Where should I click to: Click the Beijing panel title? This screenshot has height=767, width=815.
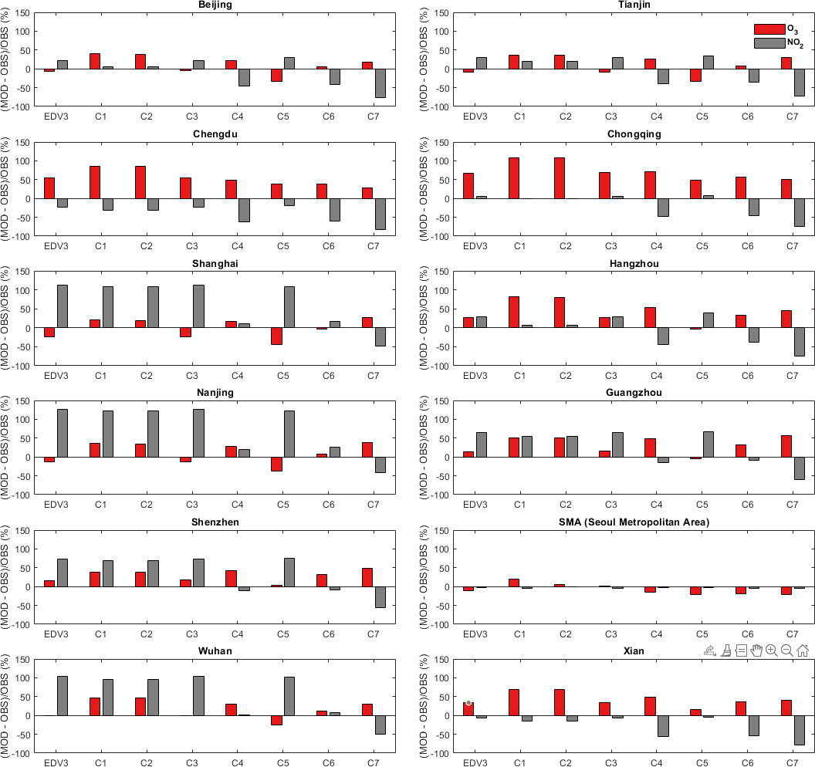pyautogui.click(x=215, y=5)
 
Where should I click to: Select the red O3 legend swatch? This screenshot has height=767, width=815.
pyautogui.click(x=769, y=29)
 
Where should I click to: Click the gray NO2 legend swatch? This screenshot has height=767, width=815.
pyautogui.click(x=769, y=43)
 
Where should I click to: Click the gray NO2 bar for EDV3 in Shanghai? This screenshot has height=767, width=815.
pyautogui.click(x=63, y=306)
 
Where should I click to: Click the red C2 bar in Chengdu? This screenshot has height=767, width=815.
pyautogui.click(x=140, y=182)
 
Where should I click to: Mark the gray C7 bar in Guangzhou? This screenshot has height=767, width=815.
pyautogui.click(x=799, y=468)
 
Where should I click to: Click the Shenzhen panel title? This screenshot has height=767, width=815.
pyautogui.click(x=215, y=522)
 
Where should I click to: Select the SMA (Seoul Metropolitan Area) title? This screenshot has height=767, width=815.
pyautogui.click(x=634, y=522)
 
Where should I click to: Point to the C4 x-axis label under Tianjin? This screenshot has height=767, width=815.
pyautogui.click(x=656, y=117)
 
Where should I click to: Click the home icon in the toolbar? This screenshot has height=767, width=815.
pyautogui.click(x=803, y=651)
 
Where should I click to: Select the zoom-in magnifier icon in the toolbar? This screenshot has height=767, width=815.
pyautogui.click(x=771, y=651)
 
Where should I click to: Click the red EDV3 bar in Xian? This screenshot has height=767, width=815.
pyautogui.click(x=468, y=708)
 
